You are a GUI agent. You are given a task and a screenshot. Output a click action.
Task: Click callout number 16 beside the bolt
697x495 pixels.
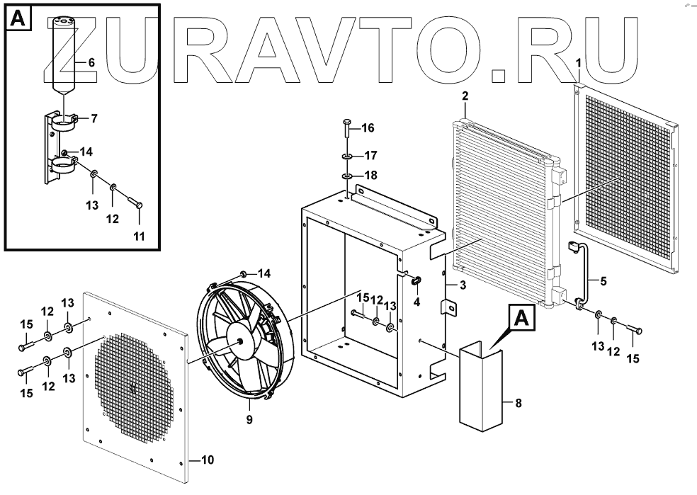coord(368,128)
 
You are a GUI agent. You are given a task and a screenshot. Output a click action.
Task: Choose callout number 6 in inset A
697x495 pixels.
coord(91,62)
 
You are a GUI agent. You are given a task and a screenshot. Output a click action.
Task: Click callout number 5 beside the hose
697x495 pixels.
coord(603,281)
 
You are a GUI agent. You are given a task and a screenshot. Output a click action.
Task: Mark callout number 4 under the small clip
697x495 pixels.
coord(416,303)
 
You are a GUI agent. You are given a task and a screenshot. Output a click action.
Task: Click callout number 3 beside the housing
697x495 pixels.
coord(462,285)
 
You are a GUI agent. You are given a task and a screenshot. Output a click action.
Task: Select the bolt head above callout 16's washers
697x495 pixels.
coord(346,123)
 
